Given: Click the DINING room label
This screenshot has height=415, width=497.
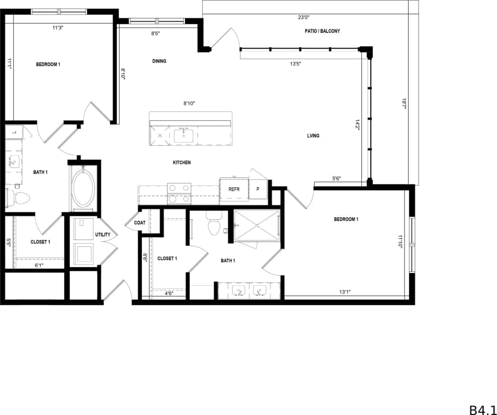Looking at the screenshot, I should point(159,61).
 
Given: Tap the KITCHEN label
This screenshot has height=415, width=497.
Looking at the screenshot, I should point(181,163).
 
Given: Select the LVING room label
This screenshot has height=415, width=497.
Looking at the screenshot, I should point(313,136).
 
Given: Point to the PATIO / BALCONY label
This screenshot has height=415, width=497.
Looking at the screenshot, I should point(322,31).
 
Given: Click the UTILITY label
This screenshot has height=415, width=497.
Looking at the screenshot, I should point(103,235).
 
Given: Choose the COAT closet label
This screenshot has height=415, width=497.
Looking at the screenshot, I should point(140,223).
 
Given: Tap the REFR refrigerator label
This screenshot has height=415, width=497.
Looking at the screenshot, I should point(234,189).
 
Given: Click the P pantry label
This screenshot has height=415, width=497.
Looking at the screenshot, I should point(258,189).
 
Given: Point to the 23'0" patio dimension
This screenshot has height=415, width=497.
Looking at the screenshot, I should point(304,17).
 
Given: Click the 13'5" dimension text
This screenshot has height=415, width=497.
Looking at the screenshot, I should point(296,64).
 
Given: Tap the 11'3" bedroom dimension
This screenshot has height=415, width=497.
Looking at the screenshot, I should point(58,28).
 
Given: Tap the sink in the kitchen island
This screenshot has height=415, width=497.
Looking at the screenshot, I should point(184,134).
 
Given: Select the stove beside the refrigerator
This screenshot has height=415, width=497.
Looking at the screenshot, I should point(179,193).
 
